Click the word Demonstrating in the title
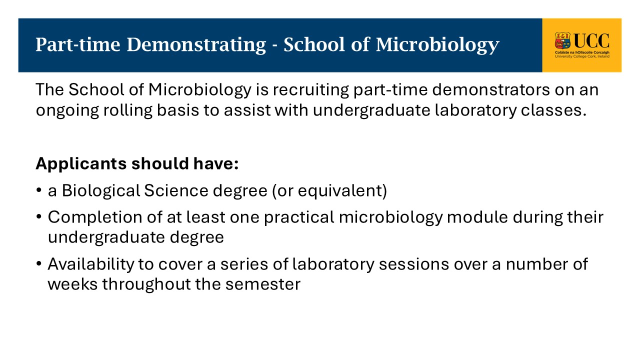tap(196, 45)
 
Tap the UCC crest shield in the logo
tap(562, 41)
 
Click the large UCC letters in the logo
tap(591, 41)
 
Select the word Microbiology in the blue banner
tap(437, 45)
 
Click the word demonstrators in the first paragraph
tap(491, 90)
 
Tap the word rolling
tap(127, 110)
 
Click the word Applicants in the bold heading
tap(81, 164)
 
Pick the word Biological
tap(101, 191)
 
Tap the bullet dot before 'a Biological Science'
tap(39, 190)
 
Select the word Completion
tap(95, 217)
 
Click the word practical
tap(299, 217)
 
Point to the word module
tap(477, 217)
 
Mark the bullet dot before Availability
tap(39, 263)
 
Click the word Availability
tap(91, 264)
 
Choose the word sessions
tap(414, 264)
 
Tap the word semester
tap(263, 284)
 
